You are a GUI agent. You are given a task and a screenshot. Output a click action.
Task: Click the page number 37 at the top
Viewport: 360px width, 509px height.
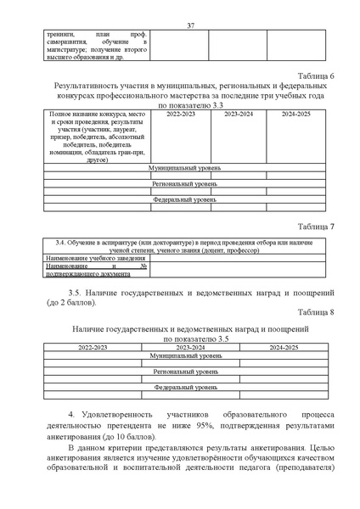coord(190,25)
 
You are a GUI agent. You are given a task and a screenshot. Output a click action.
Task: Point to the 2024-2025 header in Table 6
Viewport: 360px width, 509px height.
coord(295,114)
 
